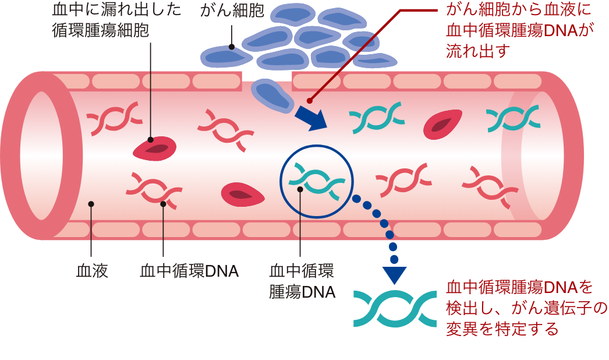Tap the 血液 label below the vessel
click(x=92, y=271)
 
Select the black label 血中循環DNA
click(x=189, y=271)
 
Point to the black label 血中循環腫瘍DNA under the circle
click(x=302, y=281)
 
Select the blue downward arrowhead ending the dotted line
click(x=394, y=273)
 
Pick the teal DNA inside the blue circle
click(x=317, y=179)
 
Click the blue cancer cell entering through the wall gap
click(x=273, y=95)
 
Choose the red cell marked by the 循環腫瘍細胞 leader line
click(x=155, y=149)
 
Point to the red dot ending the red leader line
click(x=309, y=100)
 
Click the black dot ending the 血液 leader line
click(x=91, y=203)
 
